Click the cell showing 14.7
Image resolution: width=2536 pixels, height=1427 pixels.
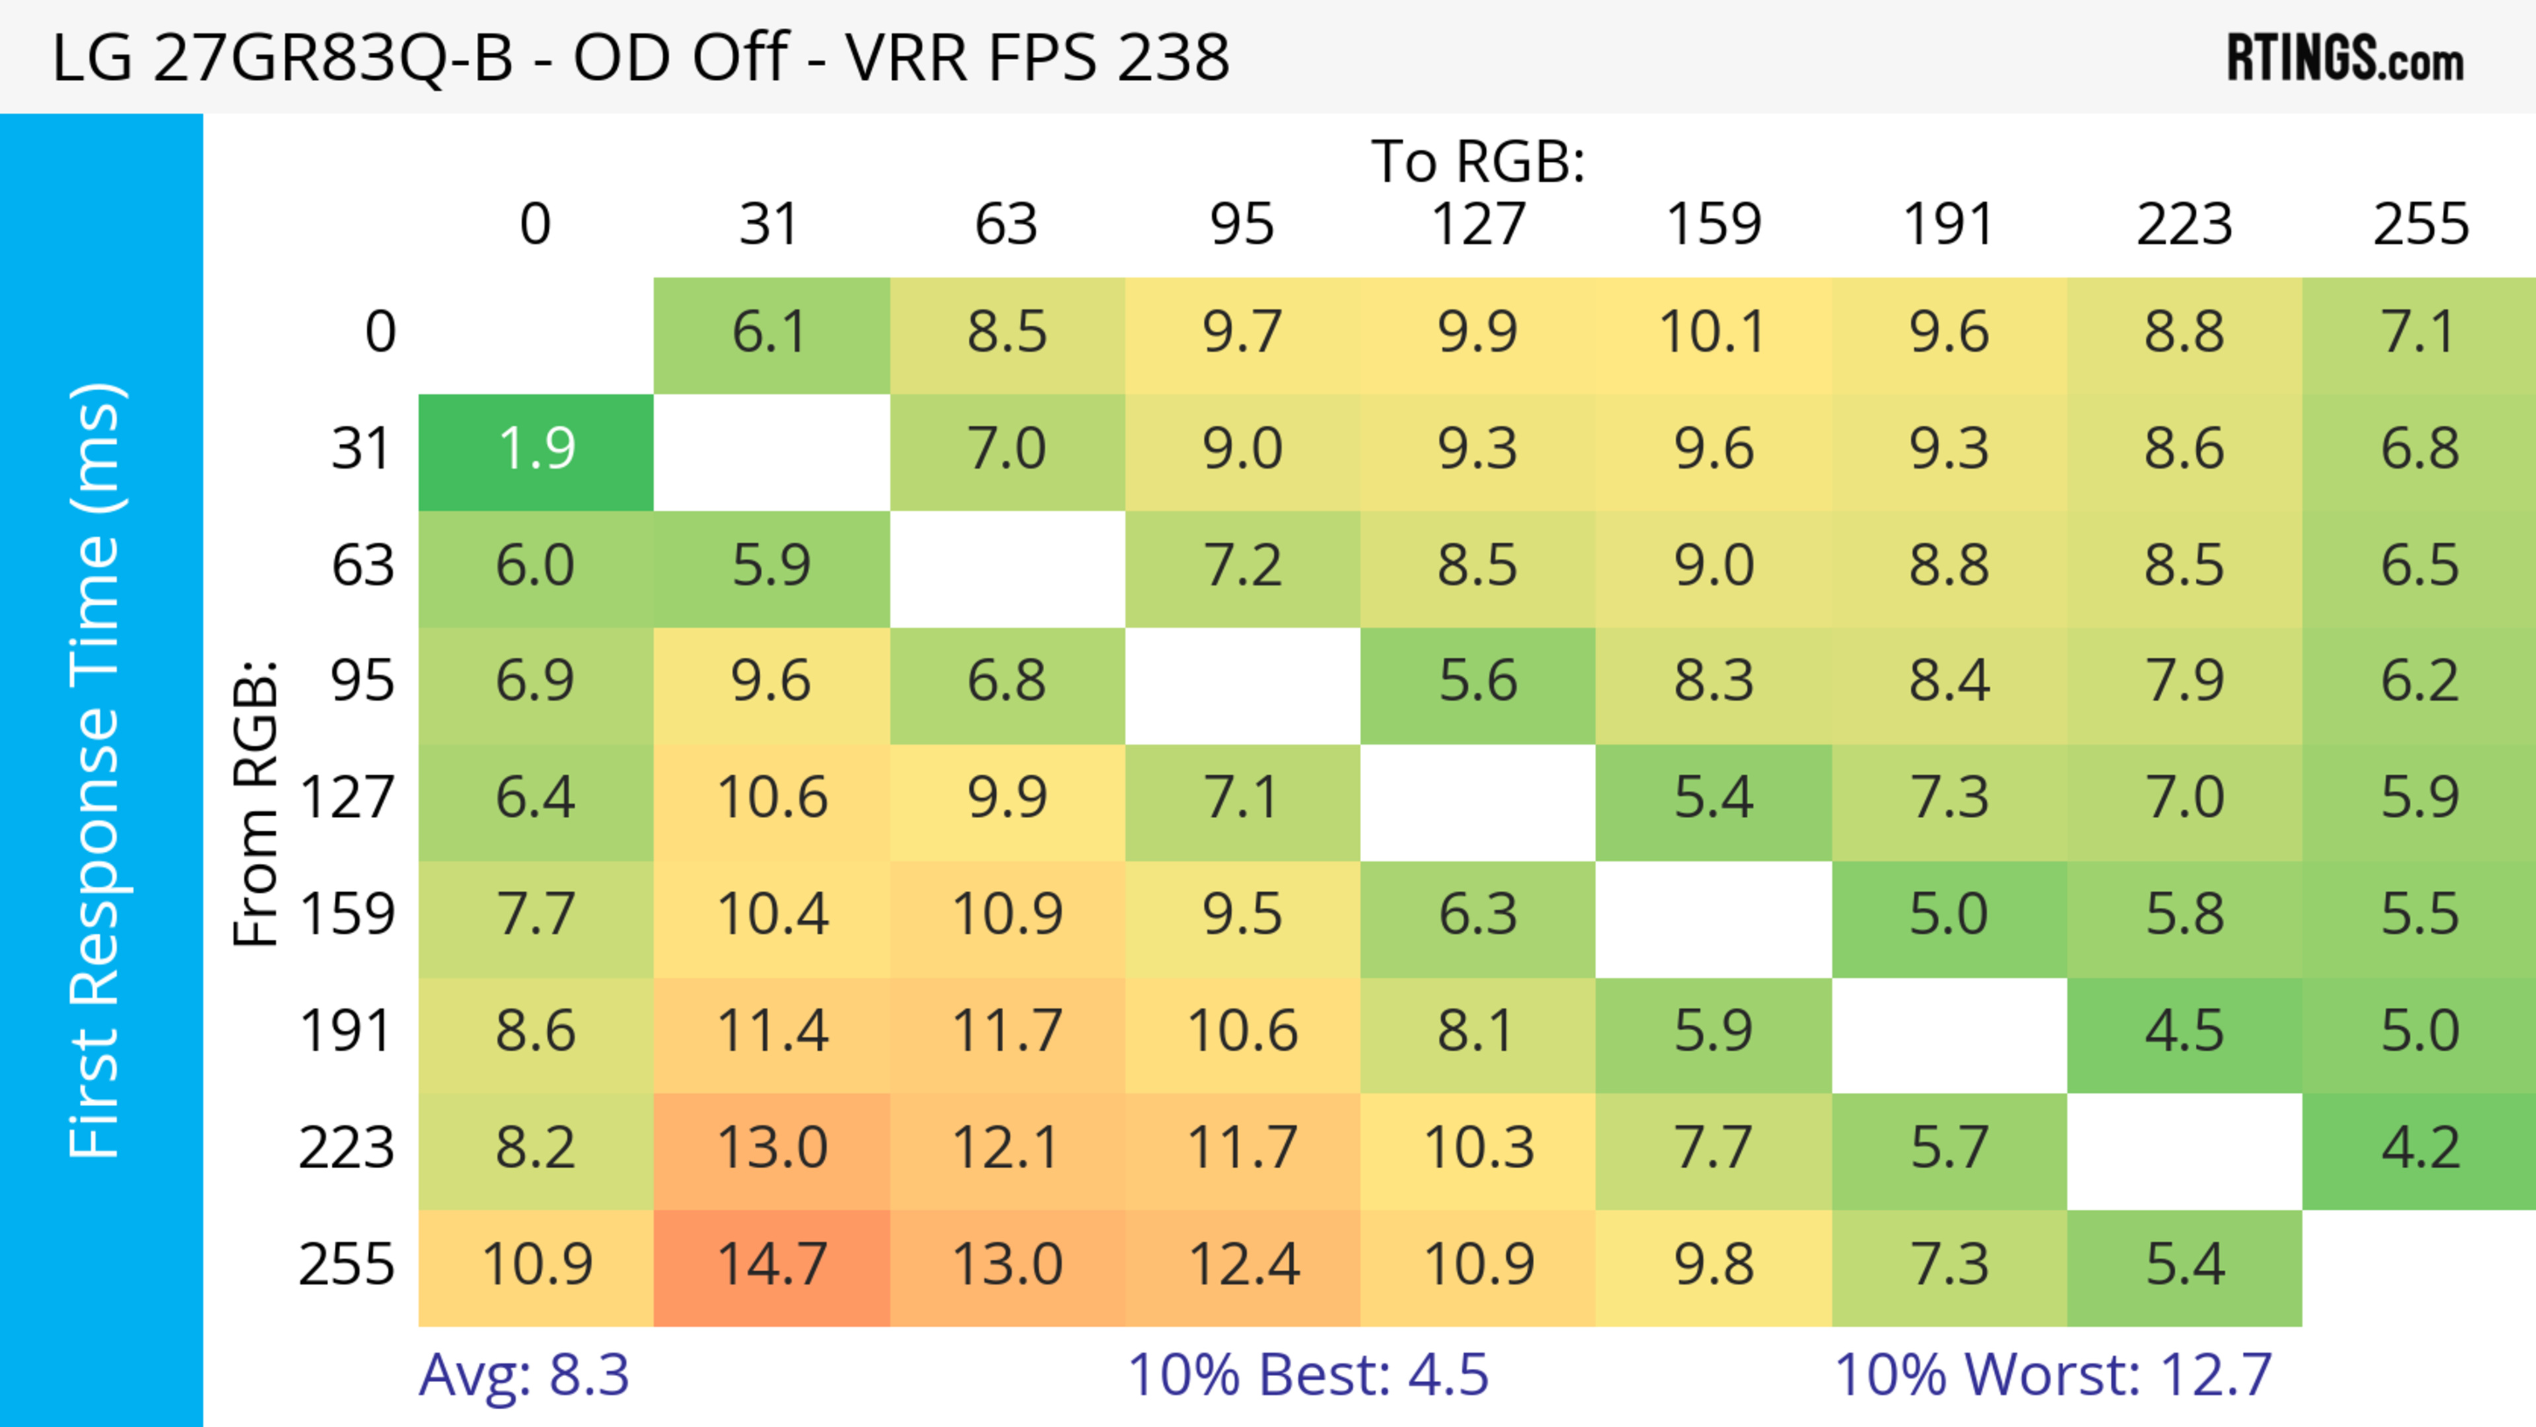pos(772,1266)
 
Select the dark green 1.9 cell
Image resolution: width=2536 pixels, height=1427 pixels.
pos(536,450)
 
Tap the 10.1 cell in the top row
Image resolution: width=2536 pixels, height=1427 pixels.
pos(1713,333)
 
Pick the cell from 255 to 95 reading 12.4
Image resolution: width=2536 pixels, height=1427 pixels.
pos(1242,1266)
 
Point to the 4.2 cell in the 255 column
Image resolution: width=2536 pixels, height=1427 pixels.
pos(2419,1148)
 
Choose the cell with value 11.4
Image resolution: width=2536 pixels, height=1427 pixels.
pos(772,1032)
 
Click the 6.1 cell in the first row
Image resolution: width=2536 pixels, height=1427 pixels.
pos(772,333)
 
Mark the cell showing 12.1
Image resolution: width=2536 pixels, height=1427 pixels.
pos(1006,1148)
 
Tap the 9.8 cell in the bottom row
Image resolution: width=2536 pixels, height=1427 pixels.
pos(1713,1266)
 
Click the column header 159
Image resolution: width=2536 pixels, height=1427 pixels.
pos(1713,225)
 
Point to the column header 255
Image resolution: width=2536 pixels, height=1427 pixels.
pos(2420,225)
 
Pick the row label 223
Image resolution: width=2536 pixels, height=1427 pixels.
pos(347,1148)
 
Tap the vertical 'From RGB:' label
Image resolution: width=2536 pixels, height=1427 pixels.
pos(256,803)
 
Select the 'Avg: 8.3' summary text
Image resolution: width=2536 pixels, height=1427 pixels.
pos(524,1375)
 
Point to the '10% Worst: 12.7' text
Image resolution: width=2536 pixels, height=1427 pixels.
pos(2053,1375)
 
